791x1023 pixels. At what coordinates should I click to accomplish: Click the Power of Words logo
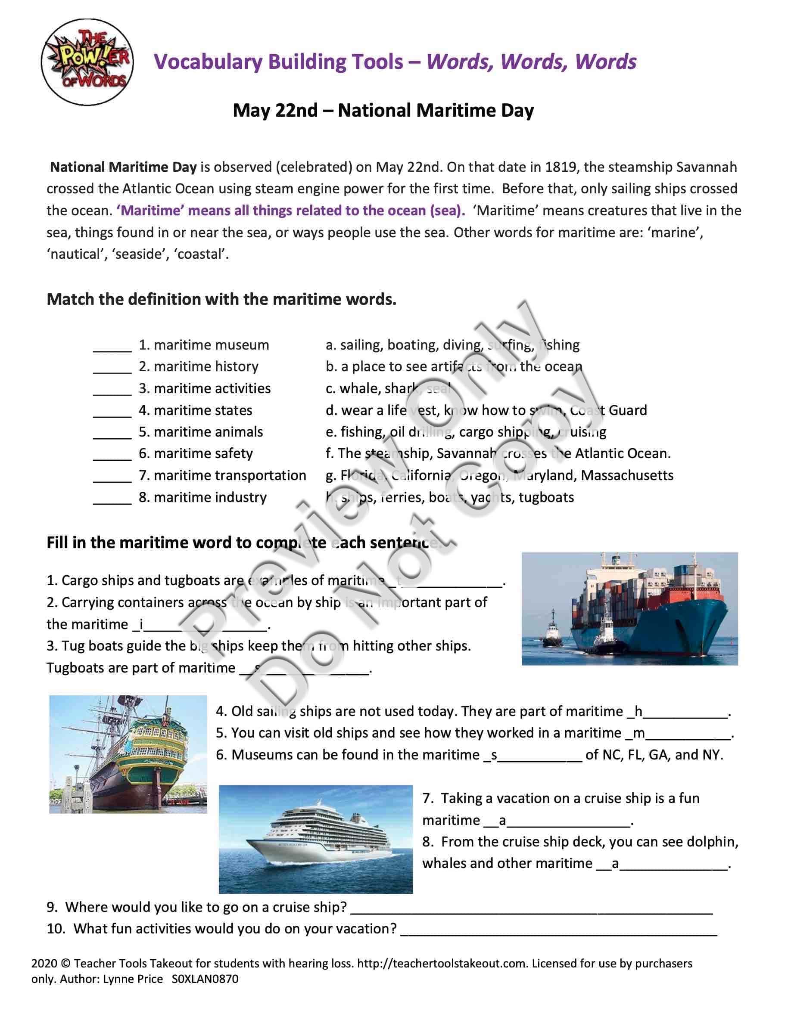pyautogui.click(x=87, y=62)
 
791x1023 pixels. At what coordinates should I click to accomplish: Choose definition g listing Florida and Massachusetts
pyautogui.click(x=499, y=475)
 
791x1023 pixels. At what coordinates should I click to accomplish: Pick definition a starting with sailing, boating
pyautogui.click(x=453, y=345)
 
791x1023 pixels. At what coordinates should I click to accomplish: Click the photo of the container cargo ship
pyautogui.click(x=629, y=608)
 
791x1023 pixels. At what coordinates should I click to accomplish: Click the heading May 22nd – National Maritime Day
pyautogui.click(x=383, y=111)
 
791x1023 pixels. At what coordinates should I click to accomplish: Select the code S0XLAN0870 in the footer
pyautogui.click(x=205, y=979)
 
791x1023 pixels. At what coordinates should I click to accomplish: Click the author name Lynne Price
pyautogui.click(x=135, y=979)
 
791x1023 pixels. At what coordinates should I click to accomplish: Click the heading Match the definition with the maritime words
pyautogui.click(x=221, y=299)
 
